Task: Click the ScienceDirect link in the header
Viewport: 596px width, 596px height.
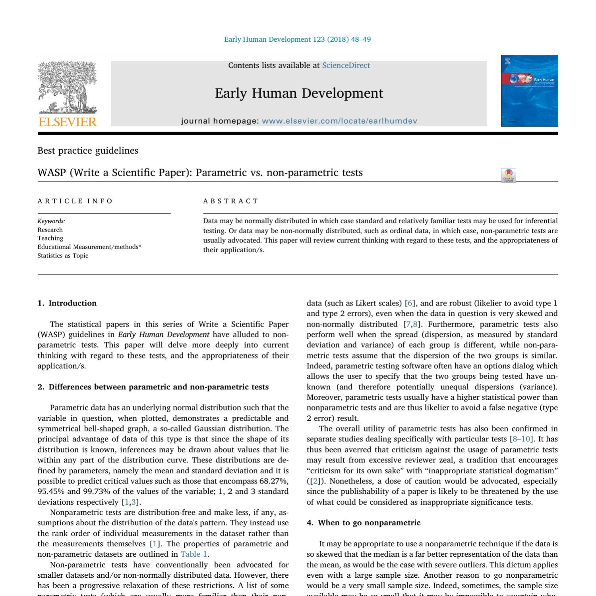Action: click(x=346, y=66)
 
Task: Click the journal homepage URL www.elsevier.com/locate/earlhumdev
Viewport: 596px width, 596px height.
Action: click(x=339, y=121)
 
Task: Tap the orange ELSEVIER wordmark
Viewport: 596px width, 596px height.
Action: click(x=68, y=122)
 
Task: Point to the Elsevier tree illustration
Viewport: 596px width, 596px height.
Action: click(x=67, y=87)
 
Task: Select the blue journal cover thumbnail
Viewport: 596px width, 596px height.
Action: click(x=529, y=91)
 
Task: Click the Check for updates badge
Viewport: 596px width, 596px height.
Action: click(x=509, y=175)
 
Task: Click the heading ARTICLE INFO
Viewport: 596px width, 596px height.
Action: click(x=75, y=201)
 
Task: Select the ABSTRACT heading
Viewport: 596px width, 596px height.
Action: click(x=230, y=201)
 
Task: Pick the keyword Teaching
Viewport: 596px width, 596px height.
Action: click(x=50, y=238)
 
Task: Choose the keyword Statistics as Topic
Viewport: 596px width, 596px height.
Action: click(x=63, y=255)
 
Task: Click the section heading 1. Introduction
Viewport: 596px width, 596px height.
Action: click(x=67, y=303)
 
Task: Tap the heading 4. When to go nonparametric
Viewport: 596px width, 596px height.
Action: click(x=364, y=523)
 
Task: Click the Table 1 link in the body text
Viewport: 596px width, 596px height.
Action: click(x=194, y=554)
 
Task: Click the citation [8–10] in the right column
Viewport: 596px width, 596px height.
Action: click(x=521, y=439)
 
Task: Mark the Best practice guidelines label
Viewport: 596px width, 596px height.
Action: click(x=88, y=151)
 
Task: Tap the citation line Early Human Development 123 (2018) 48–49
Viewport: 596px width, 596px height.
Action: click(x=298, y=39)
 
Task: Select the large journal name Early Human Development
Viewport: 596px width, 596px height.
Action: click(x=299, y=93)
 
